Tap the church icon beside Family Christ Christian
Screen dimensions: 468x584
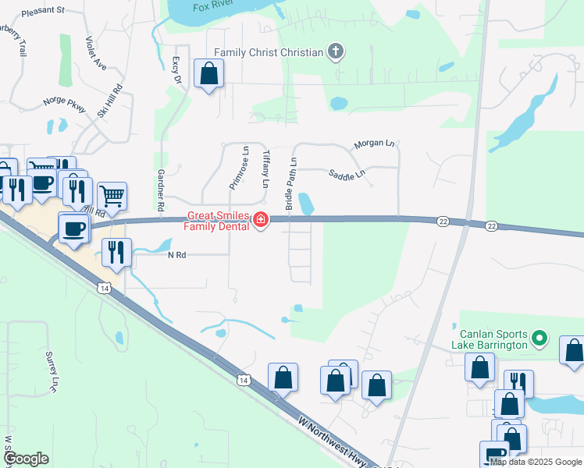337,52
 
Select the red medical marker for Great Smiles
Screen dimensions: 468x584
261,222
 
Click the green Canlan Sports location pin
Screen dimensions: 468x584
538,339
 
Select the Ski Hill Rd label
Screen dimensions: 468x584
110,101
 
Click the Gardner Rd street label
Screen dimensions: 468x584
162,192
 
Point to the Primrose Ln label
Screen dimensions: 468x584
239,167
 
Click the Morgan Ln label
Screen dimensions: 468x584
375,144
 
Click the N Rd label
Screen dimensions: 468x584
177,254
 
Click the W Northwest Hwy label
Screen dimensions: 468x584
331,443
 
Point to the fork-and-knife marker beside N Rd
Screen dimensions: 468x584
116,252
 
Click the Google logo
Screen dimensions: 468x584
26,459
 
